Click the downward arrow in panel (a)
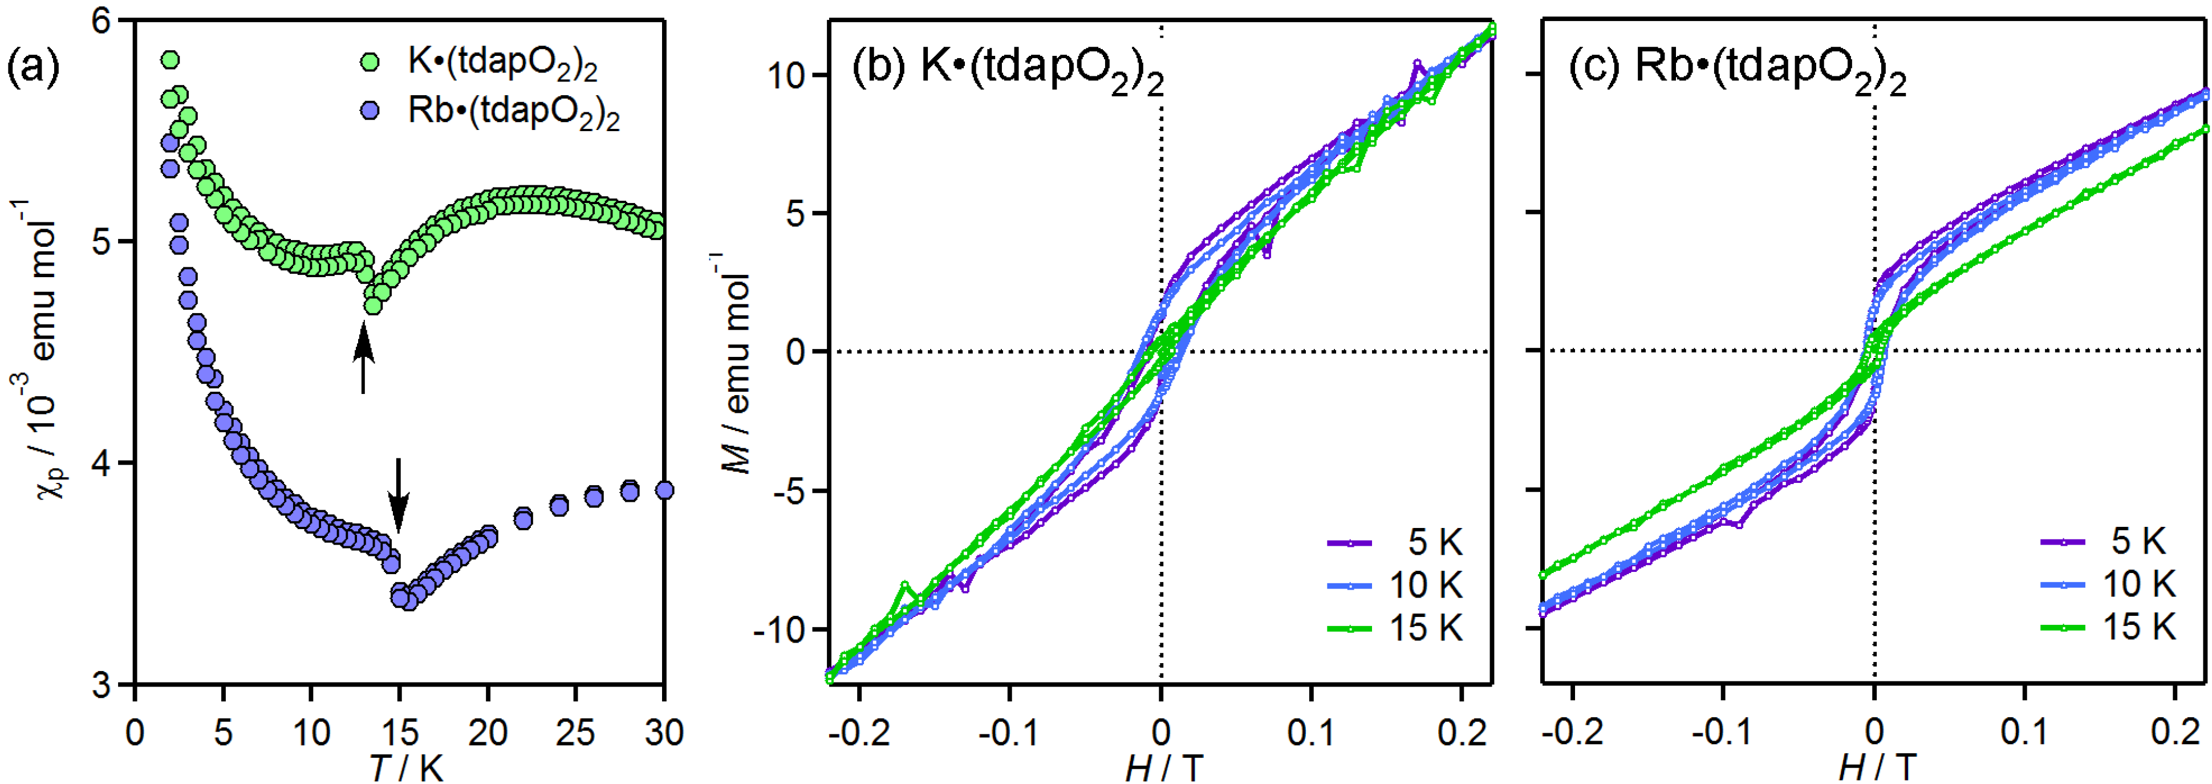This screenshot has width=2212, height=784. click(397, 494)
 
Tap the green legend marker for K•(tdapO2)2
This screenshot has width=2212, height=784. click(370, 63)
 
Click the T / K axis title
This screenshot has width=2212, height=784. click(407, 767)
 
